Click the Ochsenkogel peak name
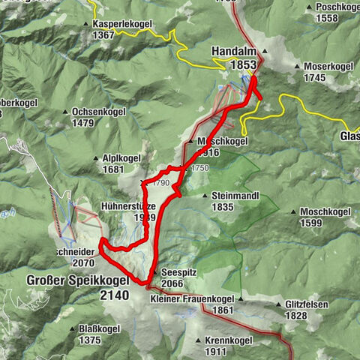100,112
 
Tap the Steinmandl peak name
230,196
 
